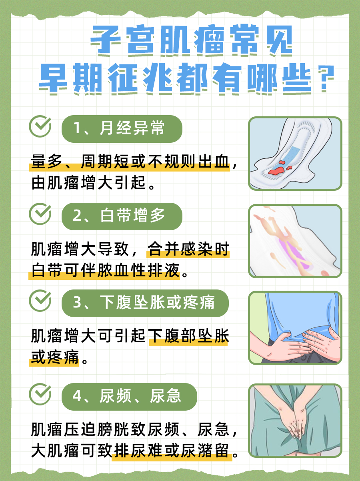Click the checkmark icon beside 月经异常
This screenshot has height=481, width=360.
pos(40,127)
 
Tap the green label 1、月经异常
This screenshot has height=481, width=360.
pos(122,129)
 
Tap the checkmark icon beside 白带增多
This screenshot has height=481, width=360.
pos(40,214)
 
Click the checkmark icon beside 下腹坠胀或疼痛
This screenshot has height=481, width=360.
pos(40,301)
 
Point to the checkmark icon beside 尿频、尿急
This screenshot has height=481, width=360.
pos(40,394)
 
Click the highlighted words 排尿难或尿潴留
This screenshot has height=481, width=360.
pos(172,452)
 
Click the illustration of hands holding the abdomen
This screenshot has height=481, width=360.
pos(295,328)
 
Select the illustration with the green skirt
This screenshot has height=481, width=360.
pos(295,421)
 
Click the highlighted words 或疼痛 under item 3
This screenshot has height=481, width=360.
pos(54,357)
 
